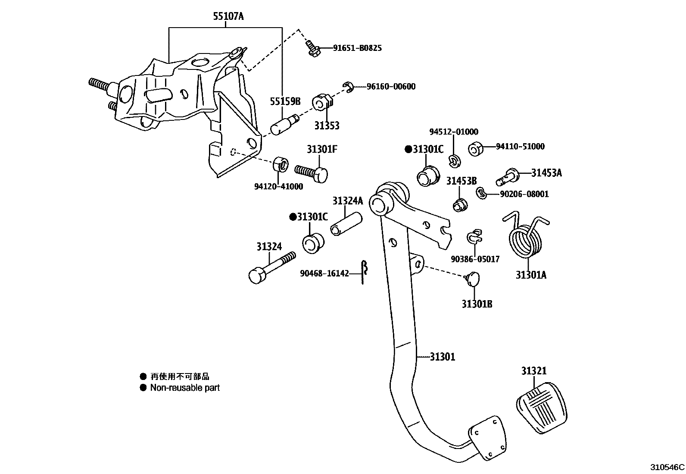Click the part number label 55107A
(228, 17)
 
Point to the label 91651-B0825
(357, 48)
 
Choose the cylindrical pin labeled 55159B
(283, 125)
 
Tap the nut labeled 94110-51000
(475, 148)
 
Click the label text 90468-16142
(324, 273)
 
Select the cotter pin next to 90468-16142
(364, 272)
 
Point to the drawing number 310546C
(667, 467)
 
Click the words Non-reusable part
(185, 388)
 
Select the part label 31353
(327, 126)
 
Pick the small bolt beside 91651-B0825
(312, 48)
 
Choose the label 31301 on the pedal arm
(442, 357)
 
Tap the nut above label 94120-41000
(280, 165)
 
